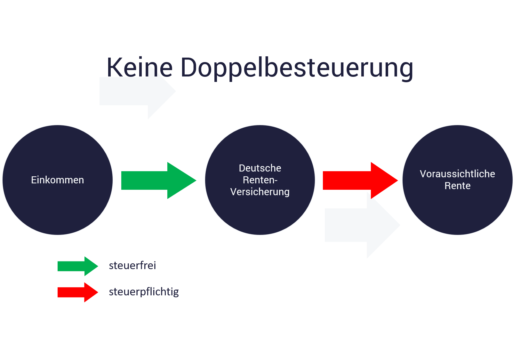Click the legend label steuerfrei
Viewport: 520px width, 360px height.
(x=132, y=266)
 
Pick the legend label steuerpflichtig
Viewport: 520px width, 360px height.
(x=144, y=292)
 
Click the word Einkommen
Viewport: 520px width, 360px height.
(x=58, y=180)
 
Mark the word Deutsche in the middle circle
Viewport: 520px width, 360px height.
(x=260, y=168)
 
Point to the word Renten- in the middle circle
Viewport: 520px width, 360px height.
(x=260, y=180)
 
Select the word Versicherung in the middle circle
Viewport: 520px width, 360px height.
(x=260, y=192)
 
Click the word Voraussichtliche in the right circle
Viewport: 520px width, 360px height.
(x=457, y=174)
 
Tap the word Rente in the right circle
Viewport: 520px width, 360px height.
(x=457, y=186)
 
